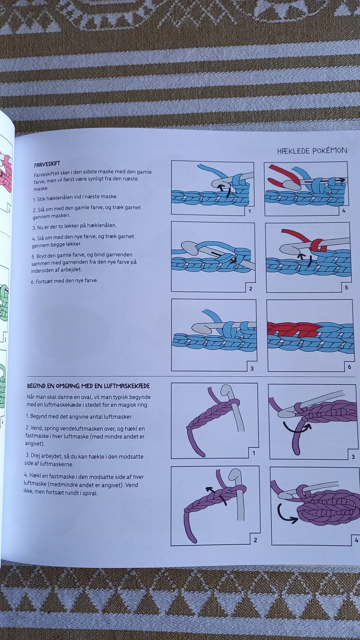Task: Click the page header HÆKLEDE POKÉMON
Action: pos(312,151)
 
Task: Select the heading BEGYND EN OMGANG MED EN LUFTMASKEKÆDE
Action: pos(88,386)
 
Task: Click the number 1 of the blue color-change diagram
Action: pos(250,211)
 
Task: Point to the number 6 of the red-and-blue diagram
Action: pos(349,367)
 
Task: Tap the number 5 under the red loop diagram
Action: pos(346,288)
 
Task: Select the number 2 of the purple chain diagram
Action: pos(255,540)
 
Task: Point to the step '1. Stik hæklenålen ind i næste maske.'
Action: pos(75,197)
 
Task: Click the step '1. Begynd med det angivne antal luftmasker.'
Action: pos(79,417)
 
